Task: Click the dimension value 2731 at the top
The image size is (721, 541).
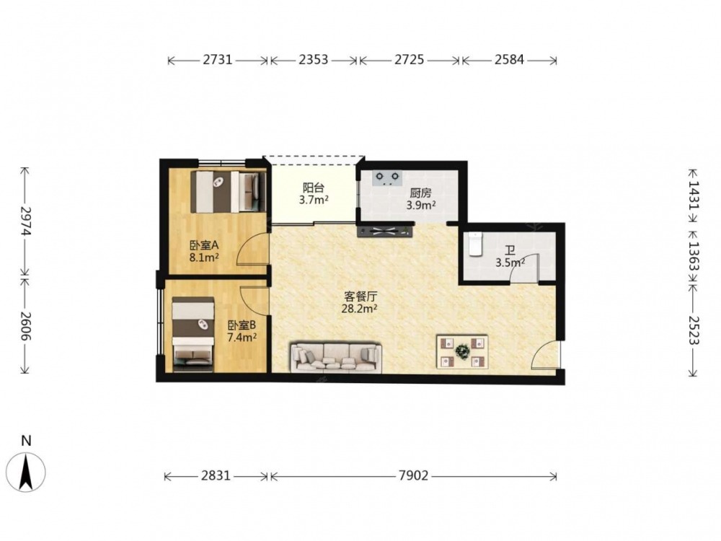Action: (218, 60)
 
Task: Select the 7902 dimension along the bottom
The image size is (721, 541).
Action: (413, 475)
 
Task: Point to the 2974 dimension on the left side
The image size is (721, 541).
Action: (25, 221)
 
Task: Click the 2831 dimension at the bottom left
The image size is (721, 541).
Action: (216, 475)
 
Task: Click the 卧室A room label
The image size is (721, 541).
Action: (203, 246)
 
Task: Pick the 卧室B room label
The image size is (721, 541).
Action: (242, 326)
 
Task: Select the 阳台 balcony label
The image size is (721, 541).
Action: (314, 188)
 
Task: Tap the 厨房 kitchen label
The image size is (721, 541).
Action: (421, 193)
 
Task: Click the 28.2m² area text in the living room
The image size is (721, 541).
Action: (360, 308)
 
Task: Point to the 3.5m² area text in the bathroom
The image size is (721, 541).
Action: (510, 263)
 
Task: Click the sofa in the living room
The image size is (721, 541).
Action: (336, 358)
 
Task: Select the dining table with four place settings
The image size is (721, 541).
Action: (462, 352)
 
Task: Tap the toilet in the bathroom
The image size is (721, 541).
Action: (474, 244)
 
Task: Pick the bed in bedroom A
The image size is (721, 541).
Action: (229, 192)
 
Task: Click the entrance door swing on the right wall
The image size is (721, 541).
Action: (545, 356)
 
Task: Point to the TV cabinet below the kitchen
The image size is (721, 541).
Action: (385, 231)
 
